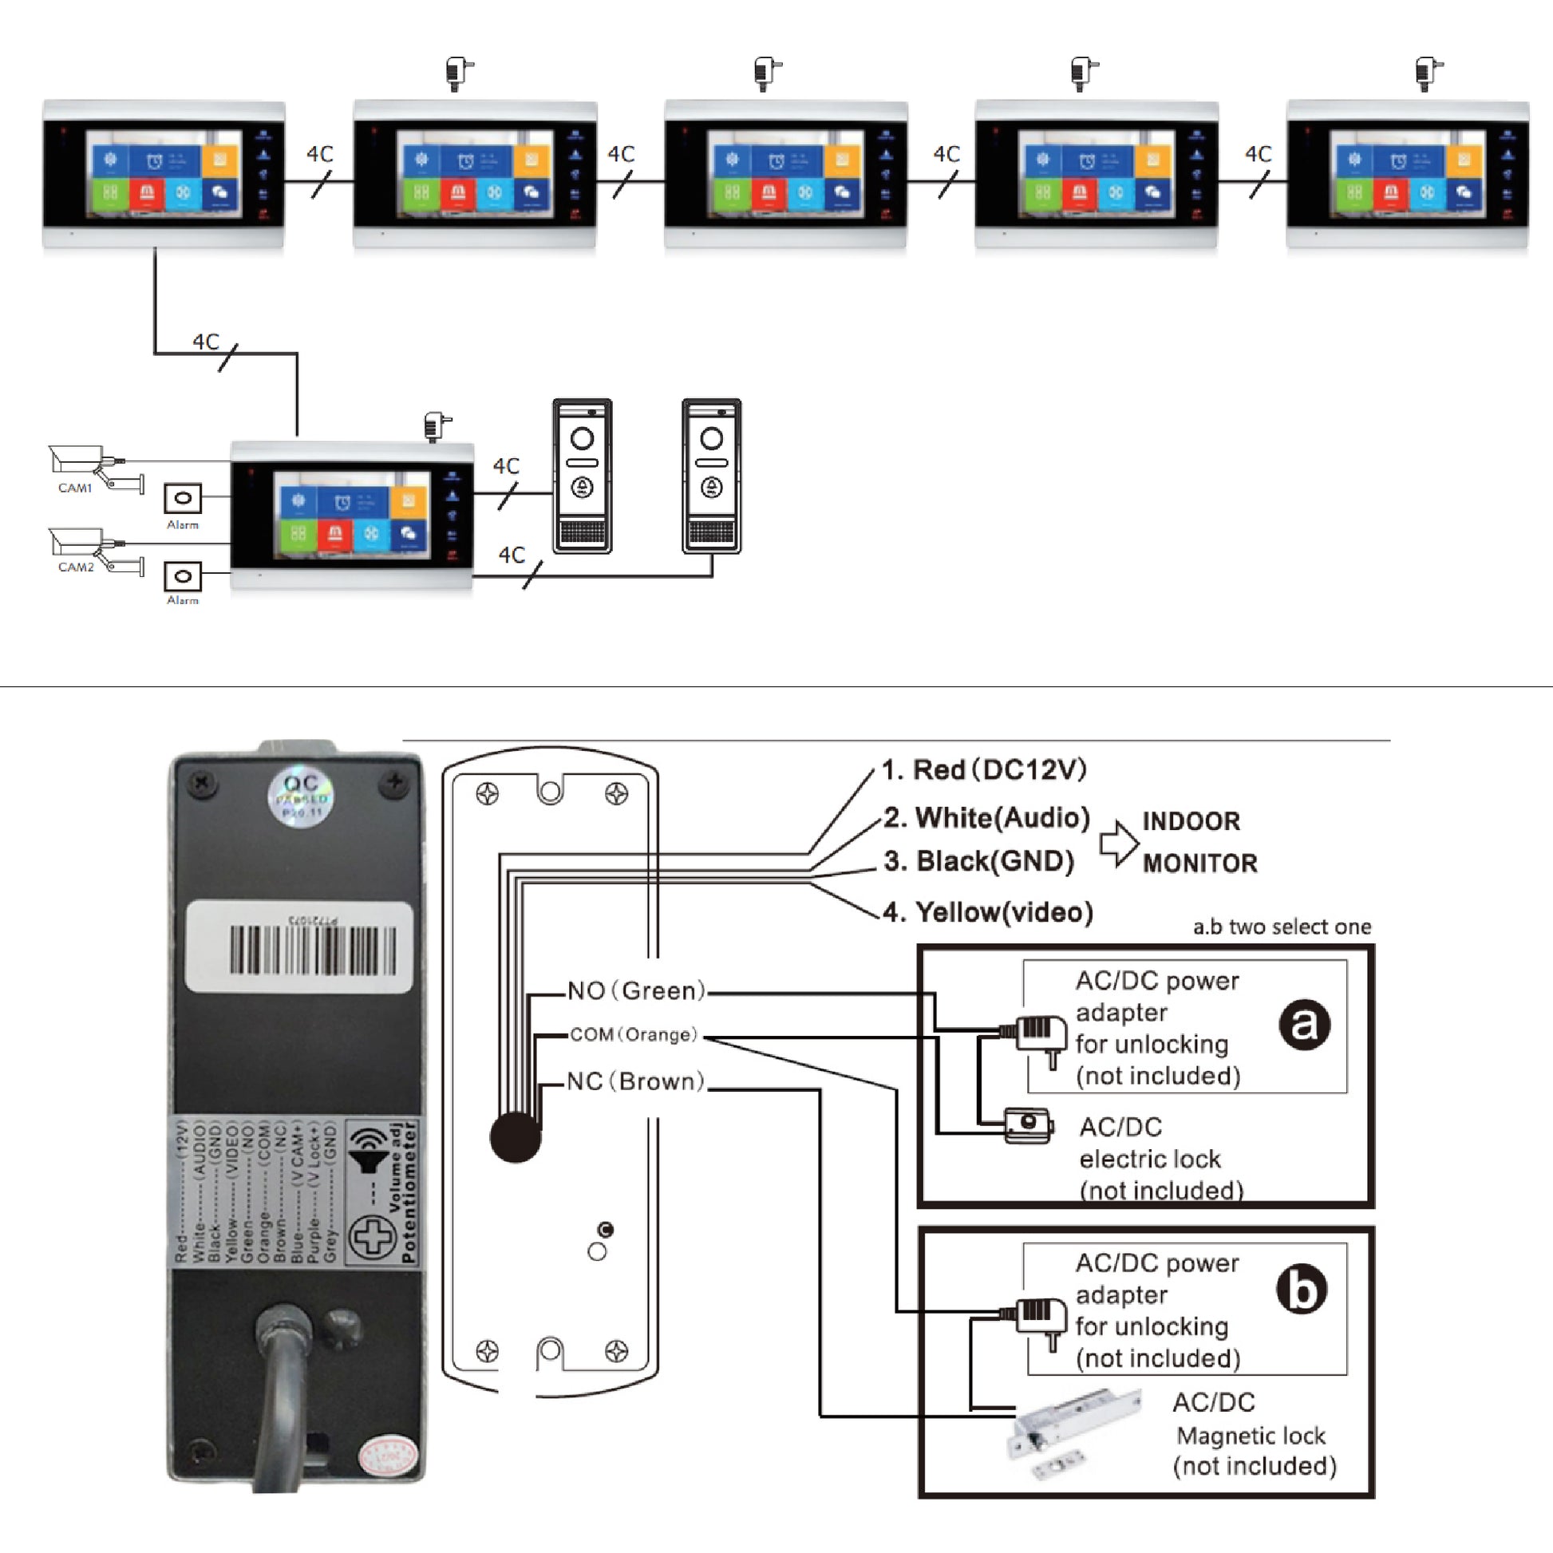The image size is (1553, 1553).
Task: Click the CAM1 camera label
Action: coord(75,488)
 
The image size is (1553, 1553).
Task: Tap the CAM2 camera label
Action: coord(76,567)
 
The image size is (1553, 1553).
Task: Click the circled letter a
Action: coord(1304,1024)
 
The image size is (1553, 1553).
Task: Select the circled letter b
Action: coord(1302,1290)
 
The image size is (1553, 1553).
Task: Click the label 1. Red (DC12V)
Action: coord(984,769)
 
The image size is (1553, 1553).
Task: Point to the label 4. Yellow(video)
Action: coord(988,911)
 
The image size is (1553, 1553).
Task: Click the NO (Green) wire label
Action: coord(636,990)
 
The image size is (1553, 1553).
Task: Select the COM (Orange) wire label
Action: coord(634,1034)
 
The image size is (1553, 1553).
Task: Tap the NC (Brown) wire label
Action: coord(635,1081)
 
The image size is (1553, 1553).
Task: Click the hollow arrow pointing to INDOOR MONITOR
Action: coord(1118,844)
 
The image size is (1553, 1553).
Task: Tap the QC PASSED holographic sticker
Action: coord(301,796)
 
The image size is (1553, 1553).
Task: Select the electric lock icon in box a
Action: coord(1027,1124)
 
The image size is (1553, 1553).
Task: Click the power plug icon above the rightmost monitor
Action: coord(1428,73)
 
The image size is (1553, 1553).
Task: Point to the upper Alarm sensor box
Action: coord(183,498)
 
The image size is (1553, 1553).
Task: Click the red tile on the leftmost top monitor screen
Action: coord(147,193)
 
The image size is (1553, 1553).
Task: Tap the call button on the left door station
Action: coord(582,487)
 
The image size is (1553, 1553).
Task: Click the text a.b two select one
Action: coord(1282,927)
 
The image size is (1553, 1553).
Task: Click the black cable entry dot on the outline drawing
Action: coord(516,1136)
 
